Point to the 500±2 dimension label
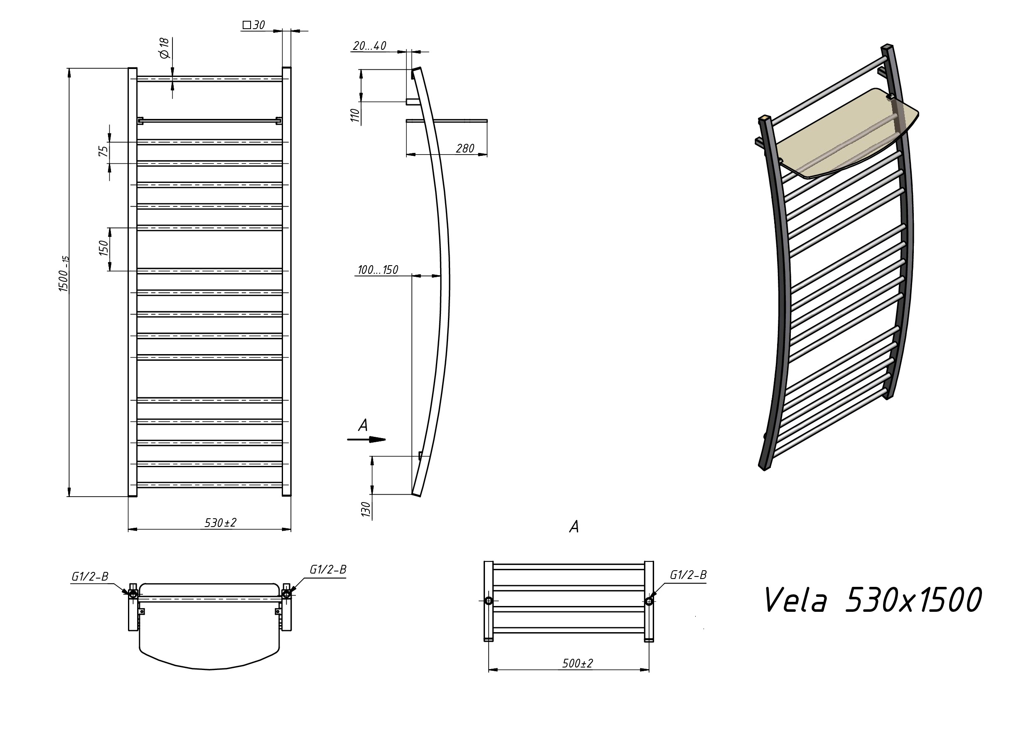578,663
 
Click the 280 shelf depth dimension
465,148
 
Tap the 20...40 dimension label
369,46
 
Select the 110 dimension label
355,115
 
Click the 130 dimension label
366,510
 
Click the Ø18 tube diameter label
164,48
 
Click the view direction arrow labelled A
367,439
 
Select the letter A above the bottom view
574,527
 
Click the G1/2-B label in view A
688,575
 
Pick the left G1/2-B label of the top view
90,577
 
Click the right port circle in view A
649,601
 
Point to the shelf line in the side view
446,120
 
